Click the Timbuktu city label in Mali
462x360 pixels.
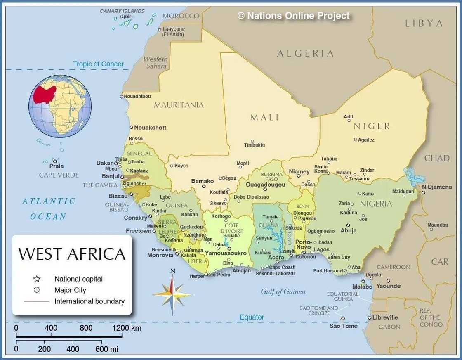coord(255,145)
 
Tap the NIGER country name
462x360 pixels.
coord(371,126)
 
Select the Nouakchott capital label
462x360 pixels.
coord(150,128)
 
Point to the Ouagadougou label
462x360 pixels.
coord(265,185)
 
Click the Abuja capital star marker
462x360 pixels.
coord(348,225)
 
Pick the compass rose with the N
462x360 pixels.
coord(172,294)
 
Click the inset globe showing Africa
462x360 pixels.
coord(60,106)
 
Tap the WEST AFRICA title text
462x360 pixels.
coord(72,254)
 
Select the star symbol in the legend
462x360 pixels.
coord(36,279)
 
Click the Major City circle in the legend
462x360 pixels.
coord(36,290)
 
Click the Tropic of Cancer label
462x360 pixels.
coord(98,64)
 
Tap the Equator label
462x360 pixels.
coord(252,317)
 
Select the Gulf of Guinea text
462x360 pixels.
coord(283,292)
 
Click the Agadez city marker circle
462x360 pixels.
coord(356,140)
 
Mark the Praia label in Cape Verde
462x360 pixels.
coord(57,166)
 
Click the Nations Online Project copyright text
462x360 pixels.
coord(293,16)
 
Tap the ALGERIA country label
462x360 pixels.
coord(305,53)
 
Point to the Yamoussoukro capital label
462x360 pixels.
coord(226,253)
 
